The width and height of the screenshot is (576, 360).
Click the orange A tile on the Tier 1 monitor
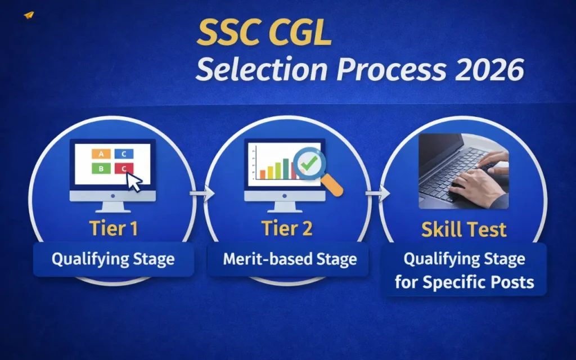click(101, 154)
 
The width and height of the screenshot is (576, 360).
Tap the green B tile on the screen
click(101, 168)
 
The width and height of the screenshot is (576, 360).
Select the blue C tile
click(124, 154)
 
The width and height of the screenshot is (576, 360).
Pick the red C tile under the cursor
click(123, 168)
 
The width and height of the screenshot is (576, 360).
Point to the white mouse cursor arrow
click(134, 182)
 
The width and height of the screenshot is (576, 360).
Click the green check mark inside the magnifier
click(308, 164)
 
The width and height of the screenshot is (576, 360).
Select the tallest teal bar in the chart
click(286, 168)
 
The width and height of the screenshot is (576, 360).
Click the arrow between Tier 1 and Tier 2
click(202, 195)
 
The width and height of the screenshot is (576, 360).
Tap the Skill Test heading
click(464, 229)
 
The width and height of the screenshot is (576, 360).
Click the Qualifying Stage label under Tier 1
click(113, 259)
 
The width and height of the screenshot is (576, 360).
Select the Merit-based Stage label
click(290, 259)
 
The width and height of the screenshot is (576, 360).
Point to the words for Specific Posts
click(464, 281)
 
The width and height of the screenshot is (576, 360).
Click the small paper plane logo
click(29, 15)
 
